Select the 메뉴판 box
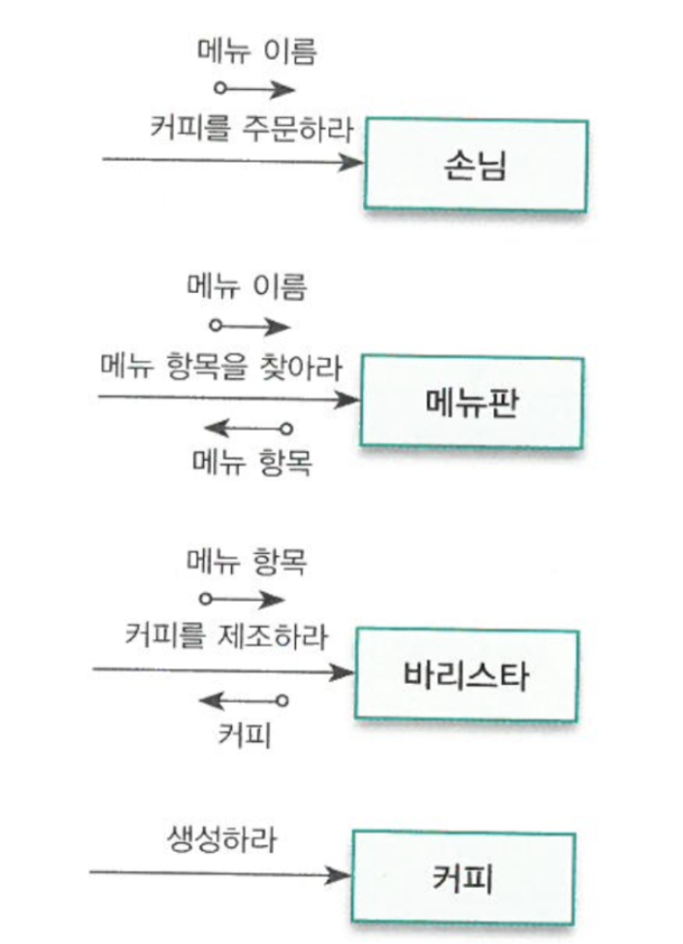pyautogui.click(x=471, y=401)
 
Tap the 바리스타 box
pyautogui.click(x=465, y=674)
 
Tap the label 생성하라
pyautogui.click(x=217, y=839)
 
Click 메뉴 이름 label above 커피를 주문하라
pyautogui.click(x=256, y=51)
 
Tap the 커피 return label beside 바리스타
pyautogui.click(x=245, y=734)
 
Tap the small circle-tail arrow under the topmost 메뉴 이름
pyautogui.click(x=255, y=90)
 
